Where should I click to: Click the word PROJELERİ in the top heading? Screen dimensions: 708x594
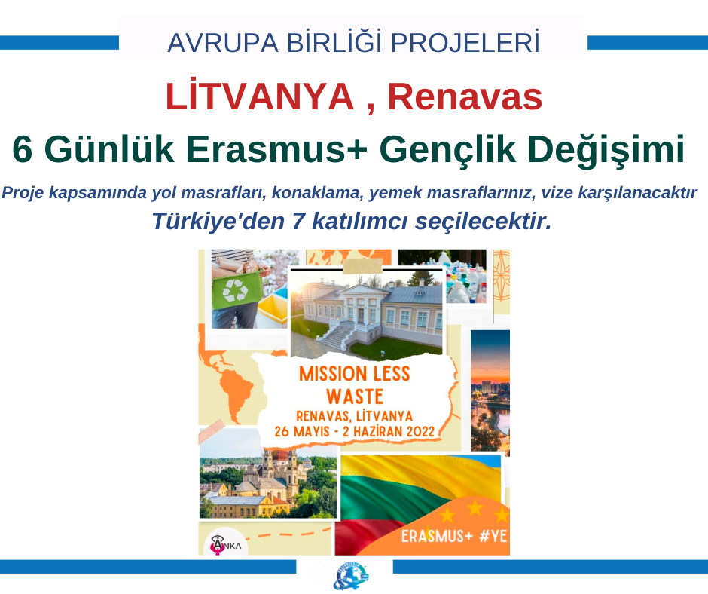(465, 42)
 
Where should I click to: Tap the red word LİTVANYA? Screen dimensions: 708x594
(260, 96)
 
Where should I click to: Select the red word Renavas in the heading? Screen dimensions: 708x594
(465, 96)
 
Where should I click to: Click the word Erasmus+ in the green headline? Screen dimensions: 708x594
(276, 148)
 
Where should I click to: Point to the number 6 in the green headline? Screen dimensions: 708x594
(22, 149)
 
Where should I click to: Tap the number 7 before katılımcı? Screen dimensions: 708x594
(298, 222)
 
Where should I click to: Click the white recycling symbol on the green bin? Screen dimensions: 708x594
(235, 290)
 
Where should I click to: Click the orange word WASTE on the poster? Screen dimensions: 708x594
(355, 397)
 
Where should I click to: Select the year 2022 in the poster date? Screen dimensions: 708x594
(420, 431)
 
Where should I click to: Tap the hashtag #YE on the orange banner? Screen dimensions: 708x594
(493, 536)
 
